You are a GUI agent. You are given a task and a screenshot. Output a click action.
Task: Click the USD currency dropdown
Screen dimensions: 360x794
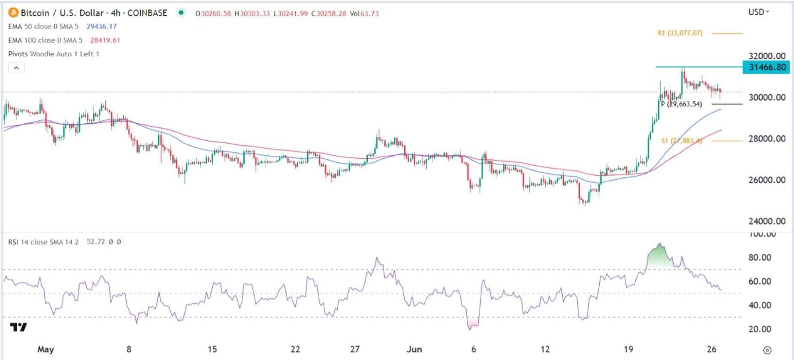(759, 12)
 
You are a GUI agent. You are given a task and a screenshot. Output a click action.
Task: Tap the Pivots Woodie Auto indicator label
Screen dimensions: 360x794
(53, 54)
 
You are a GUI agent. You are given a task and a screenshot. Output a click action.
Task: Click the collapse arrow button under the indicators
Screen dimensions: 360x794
(17, 68)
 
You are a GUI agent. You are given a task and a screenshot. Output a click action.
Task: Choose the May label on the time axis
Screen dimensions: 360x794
(45, 350)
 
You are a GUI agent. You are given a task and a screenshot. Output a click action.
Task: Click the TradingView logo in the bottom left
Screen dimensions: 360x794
(19, 327)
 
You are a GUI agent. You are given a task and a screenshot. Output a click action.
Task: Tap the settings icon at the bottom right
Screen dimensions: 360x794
(767, 350)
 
